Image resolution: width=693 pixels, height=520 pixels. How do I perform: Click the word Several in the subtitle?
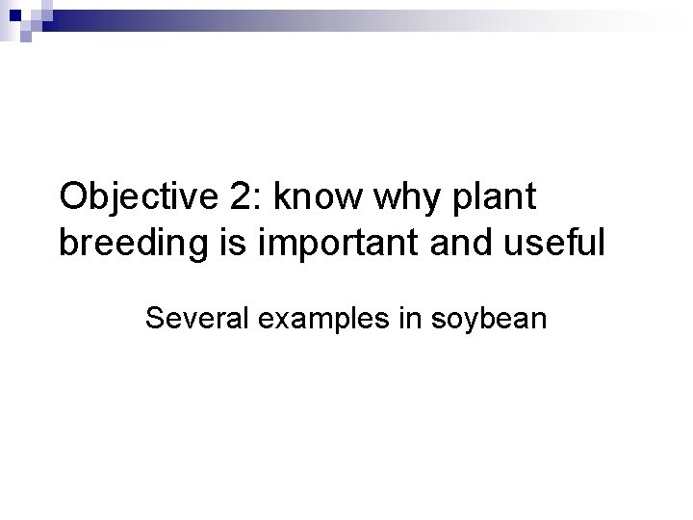[197, 318]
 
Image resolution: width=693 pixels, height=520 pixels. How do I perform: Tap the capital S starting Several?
[154, 318]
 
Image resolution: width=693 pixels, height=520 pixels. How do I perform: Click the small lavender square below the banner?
[27, 39]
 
